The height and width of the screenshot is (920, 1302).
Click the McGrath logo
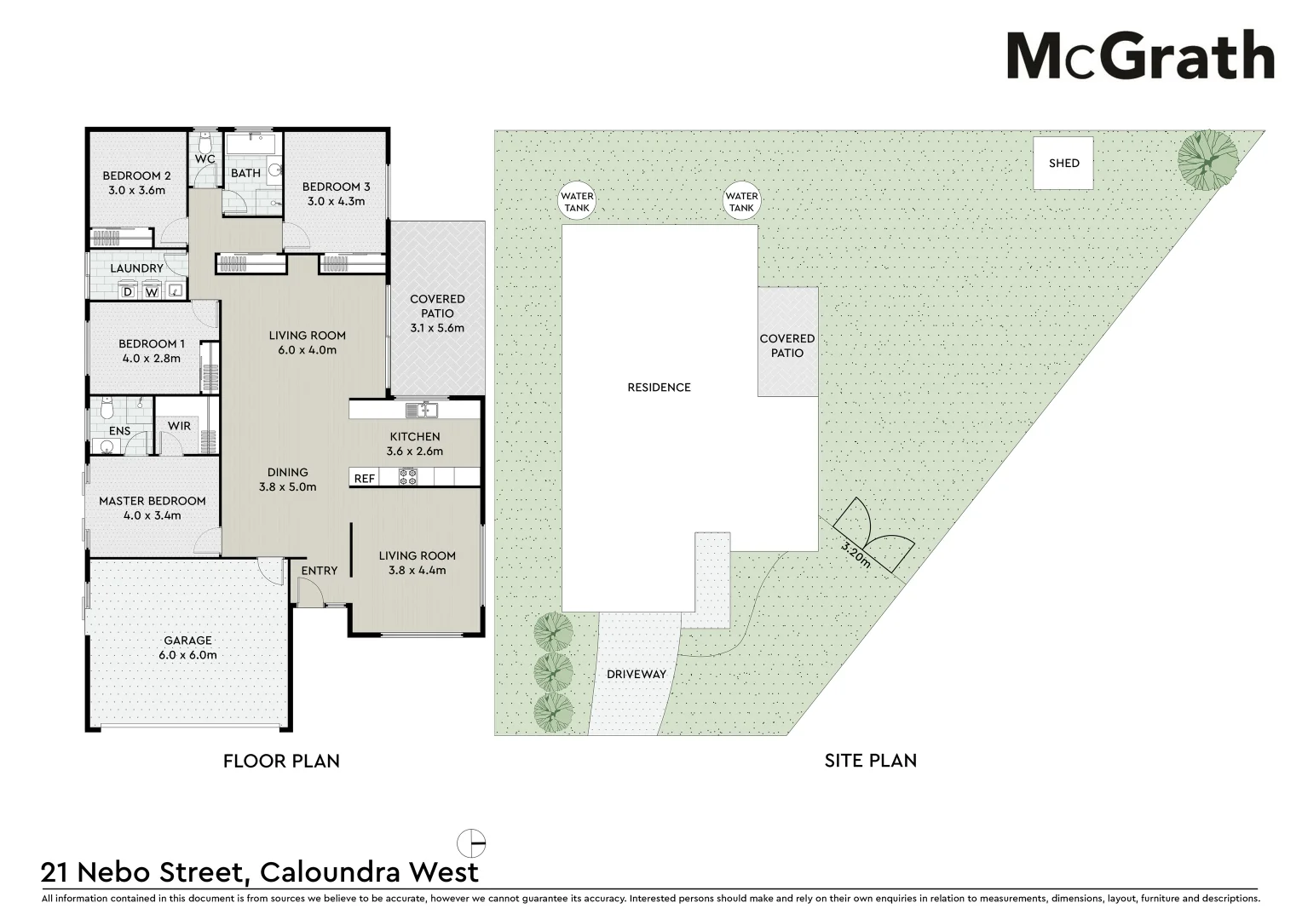[x=1140, y=56]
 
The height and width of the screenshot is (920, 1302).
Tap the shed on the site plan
[x=1063, y=163]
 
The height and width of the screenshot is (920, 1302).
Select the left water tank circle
[x=577, y=202]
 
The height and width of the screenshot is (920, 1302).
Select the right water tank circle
[x=741, y=202]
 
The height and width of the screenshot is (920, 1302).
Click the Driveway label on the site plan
[x=636, y=674]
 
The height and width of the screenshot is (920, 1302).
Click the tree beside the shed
[x=1207, y=158]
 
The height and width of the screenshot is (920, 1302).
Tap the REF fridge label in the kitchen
[x=364, y=478]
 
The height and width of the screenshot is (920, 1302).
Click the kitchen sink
[x=421, y=411]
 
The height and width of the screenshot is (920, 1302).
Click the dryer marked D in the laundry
[x=129, y=292]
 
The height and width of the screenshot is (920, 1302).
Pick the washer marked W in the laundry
[x=152, y=292]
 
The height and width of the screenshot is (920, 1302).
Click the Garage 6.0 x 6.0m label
[x=187, y=647]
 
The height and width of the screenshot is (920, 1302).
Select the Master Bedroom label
[x=153, y=501]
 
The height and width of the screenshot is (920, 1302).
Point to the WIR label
[x=179, y=426]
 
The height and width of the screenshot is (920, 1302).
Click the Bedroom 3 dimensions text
[x=336, y=201]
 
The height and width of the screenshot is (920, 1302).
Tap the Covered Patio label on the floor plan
[x=437, y=306]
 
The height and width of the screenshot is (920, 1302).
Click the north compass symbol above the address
[x=471, y=843]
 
